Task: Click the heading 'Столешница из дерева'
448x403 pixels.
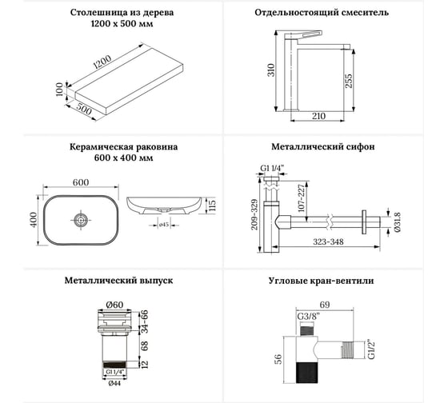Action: (x=111, y=13)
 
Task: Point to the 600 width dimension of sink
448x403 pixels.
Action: (x=80, y=183)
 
